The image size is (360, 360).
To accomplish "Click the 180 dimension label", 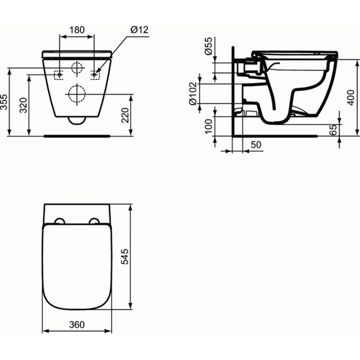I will coord(77,30).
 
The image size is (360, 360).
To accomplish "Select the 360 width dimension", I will coord(76,324).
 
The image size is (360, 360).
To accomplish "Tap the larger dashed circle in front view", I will coord(77,93).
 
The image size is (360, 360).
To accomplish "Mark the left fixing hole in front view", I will coord(59,73).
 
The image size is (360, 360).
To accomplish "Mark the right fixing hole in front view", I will coord(95,73).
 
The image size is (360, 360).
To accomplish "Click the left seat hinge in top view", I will coord(59,221).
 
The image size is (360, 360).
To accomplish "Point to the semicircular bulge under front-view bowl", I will coord(77,121).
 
